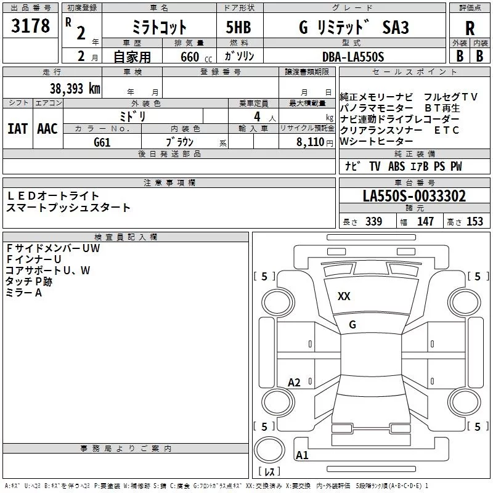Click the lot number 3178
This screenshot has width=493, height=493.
31,26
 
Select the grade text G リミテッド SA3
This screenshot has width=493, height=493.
353,28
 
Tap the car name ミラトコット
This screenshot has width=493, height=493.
160,28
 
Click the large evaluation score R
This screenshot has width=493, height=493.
470,29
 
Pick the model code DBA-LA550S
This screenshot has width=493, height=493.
353,57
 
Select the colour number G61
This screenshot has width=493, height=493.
102,142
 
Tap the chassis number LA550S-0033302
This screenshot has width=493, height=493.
414,197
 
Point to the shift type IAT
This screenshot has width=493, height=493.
17,129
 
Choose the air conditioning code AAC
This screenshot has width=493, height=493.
47,129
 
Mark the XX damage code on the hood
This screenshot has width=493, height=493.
344,296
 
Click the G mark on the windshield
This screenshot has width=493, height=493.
352,324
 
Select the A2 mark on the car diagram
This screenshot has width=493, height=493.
295,383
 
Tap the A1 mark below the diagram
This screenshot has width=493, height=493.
302,455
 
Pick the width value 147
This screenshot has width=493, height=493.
425,222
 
